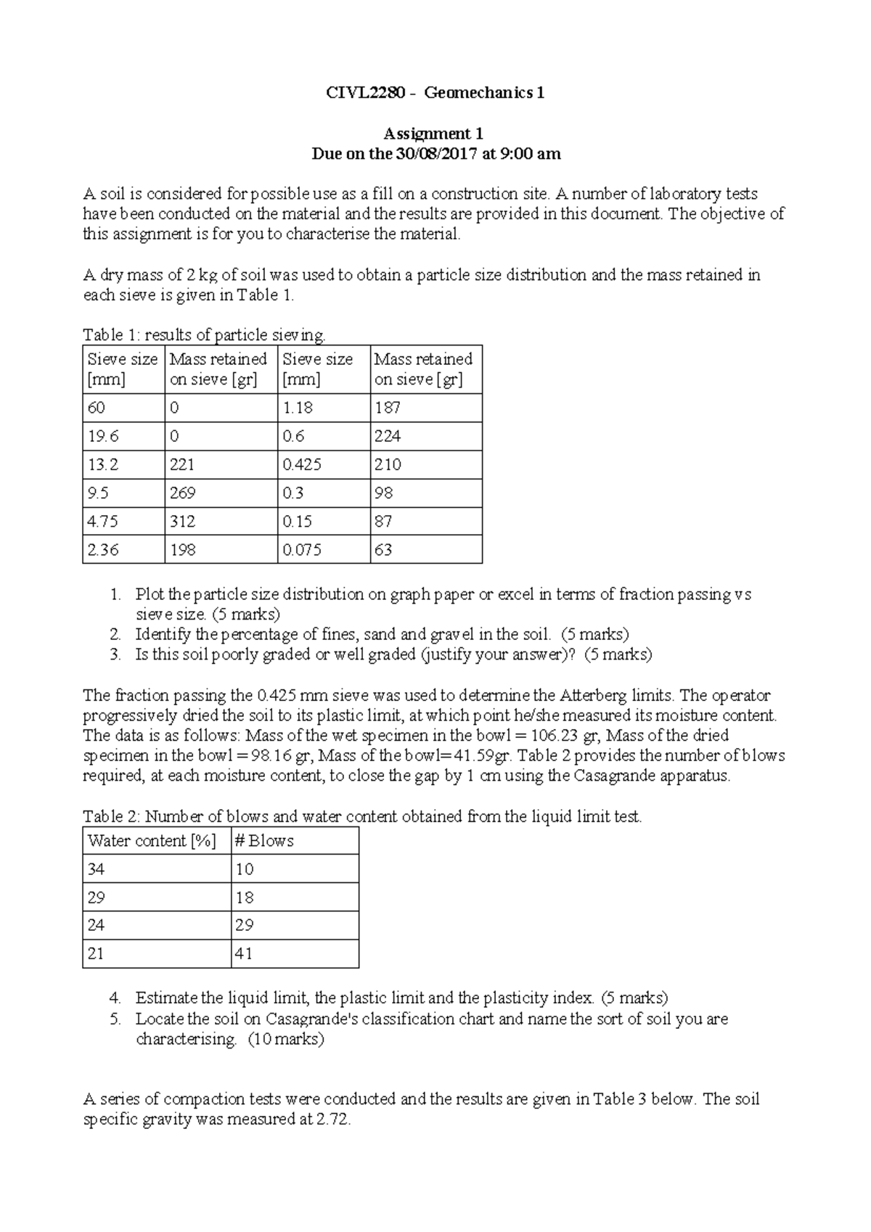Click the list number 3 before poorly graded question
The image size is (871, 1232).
coord(115,654)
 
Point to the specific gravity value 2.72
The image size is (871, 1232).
coord(332,1120)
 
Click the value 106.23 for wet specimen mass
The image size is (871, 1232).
coord(556,736)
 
